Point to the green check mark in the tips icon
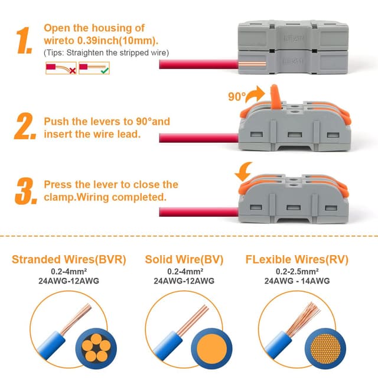(105, 70)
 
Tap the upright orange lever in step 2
(273, 96)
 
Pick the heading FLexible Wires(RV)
(296, 259)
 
